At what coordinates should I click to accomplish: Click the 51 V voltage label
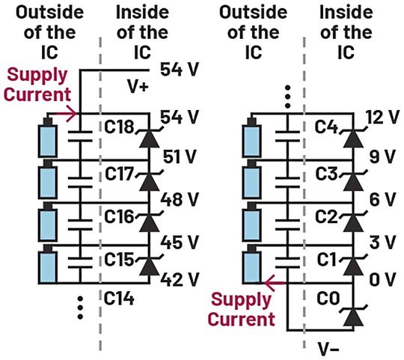[x=180, y=158]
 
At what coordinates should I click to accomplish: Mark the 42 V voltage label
[x=180, y=279]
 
